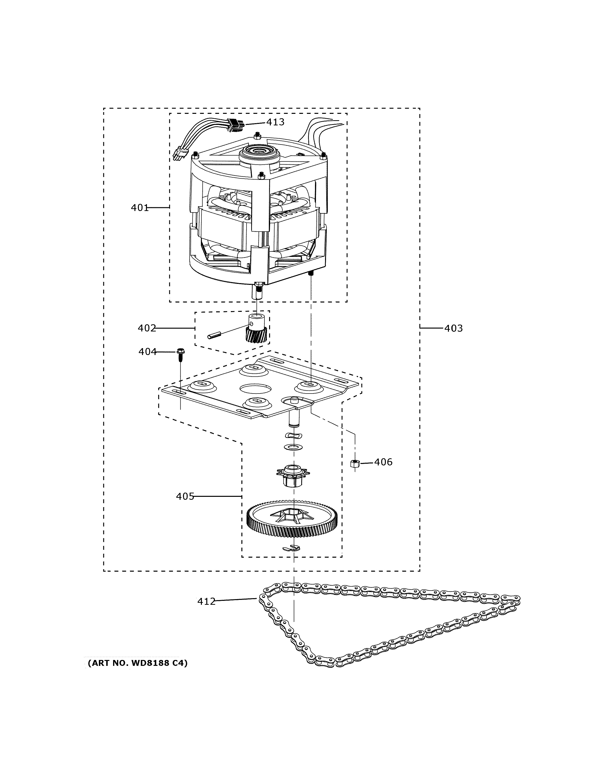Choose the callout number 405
185,496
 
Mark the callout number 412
206,602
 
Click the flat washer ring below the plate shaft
293,447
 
